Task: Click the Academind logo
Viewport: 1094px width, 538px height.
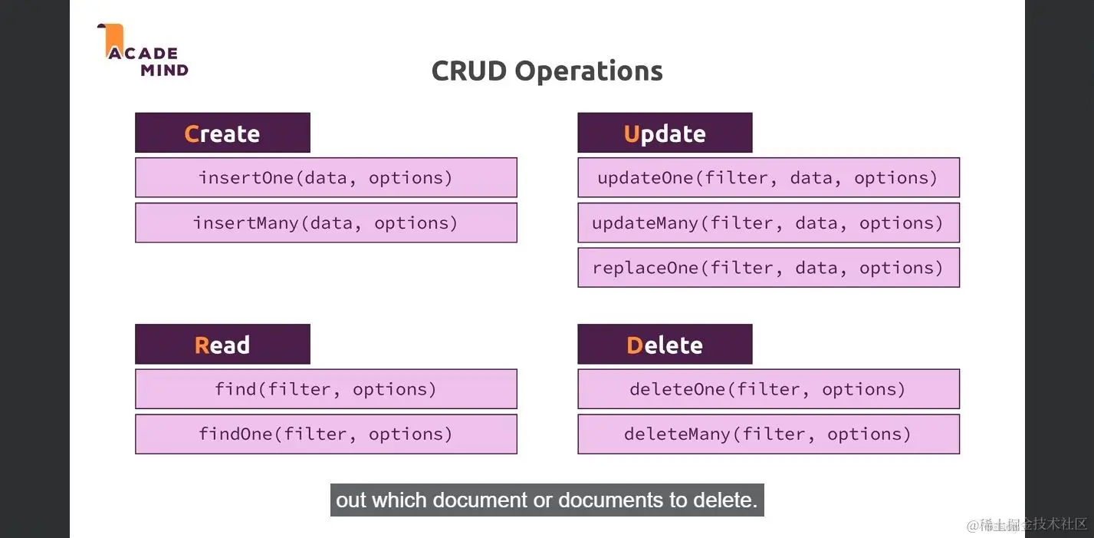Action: coord(143,52)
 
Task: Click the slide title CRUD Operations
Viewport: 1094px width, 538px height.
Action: coord(547,71)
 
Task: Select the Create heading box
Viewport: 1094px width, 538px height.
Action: coord(222,134)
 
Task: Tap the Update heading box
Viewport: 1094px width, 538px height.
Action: coord(665,134)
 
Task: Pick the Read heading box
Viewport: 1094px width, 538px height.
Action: coord(222,345)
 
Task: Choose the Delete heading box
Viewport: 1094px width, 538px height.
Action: coord(665,345)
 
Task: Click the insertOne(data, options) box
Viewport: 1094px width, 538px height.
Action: coord(326,178)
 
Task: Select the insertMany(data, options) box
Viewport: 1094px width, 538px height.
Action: coord(326,223)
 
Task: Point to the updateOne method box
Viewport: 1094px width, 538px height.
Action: coord(768,178)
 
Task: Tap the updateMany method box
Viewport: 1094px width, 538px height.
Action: coord(768,223)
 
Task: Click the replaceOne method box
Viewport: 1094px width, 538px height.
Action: coord(768,268)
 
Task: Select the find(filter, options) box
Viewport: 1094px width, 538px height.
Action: coord(326,389)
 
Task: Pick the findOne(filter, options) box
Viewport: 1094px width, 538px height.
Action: coord(326,434)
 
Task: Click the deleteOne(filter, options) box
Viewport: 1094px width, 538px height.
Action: coord(768,389)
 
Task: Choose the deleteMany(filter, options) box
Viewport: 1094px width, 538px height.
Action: coord(768,434)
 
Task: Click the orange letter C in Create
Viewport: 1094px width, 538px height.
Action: coord(192,134)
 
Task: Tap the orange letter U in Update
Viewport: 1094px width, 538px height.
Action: coord(632,134)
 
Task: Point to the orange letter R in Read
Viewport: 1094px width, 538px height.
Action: coord(202,345)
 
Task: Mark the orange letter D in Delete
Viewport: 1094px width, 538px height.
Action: coord(634,345)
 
